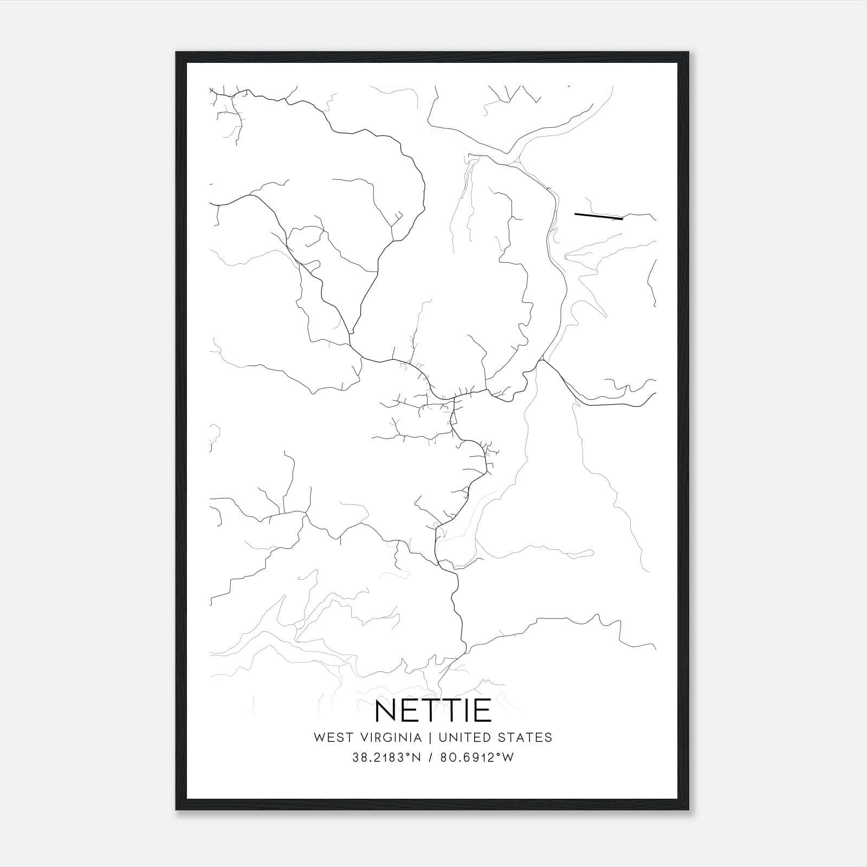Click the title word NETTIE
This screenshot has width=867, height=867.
pos(433,710)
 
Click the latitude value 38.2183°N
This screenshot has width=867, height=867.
pos(386,758)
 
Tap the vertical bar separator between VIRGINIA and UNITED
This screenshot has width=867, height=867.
pos(430,737)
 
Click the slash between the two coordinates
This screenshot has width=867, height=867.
pos(430,758)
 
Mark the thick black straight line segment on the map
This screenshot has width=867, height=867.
pos(598,217)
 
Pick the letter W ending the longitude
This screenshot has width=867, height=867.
pos(507,758)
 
